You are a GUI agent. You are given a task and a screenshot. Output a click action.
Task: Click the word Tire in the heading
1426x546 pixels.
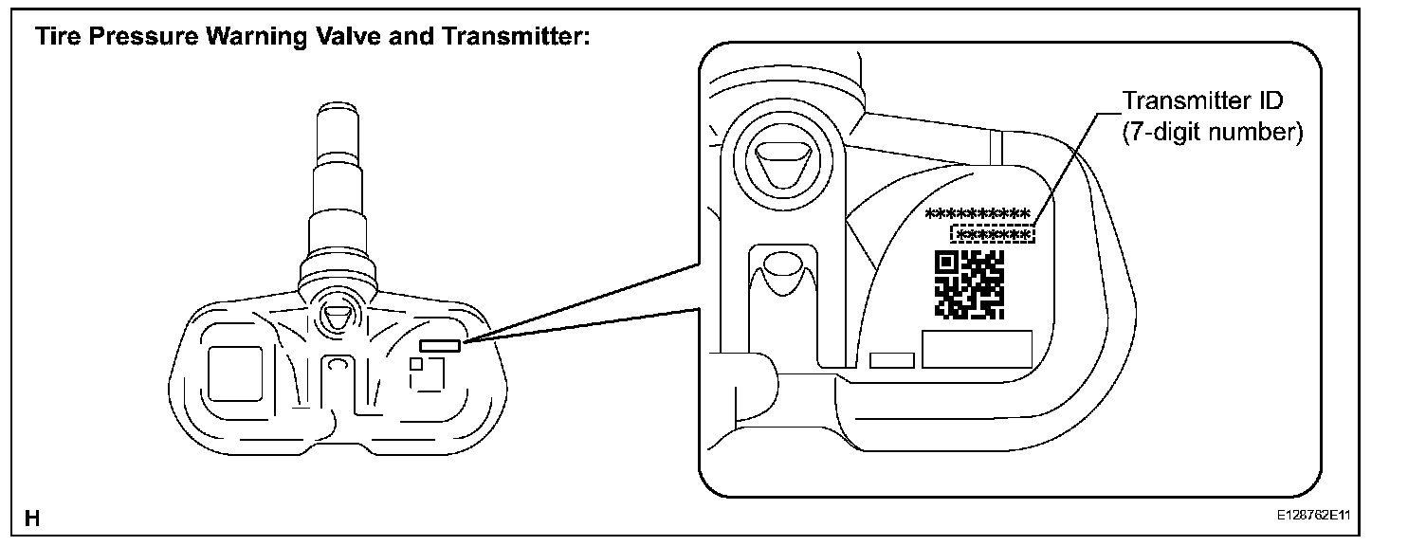(x=55, y=38)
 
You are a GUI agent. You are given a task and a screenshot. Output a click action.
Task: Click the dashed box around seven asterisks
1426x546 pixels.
(x=993, y=234)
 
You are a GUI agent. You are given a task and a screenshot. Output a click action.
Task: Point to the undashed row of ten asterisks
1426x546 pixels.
(x=978, y=212)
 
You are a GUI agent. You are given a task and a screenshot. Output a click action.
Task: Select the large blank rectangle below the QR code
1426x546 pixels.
(x=977, y=350)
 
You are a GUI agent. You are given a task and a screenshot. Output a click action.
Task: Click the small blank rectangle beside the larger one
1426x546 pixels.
(x=891, y=359)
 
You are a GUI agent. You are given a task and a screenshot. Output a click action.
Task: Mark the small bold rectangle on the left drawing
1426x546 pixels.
(x=440, y=346)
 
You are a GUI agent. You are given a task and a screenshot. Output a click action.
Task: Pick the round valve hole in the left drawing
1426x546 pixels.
(x=337, y=318)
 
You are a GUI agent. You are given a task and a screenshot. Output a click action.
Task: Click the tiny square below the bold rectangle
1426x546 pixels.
(x=416, y=363)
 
